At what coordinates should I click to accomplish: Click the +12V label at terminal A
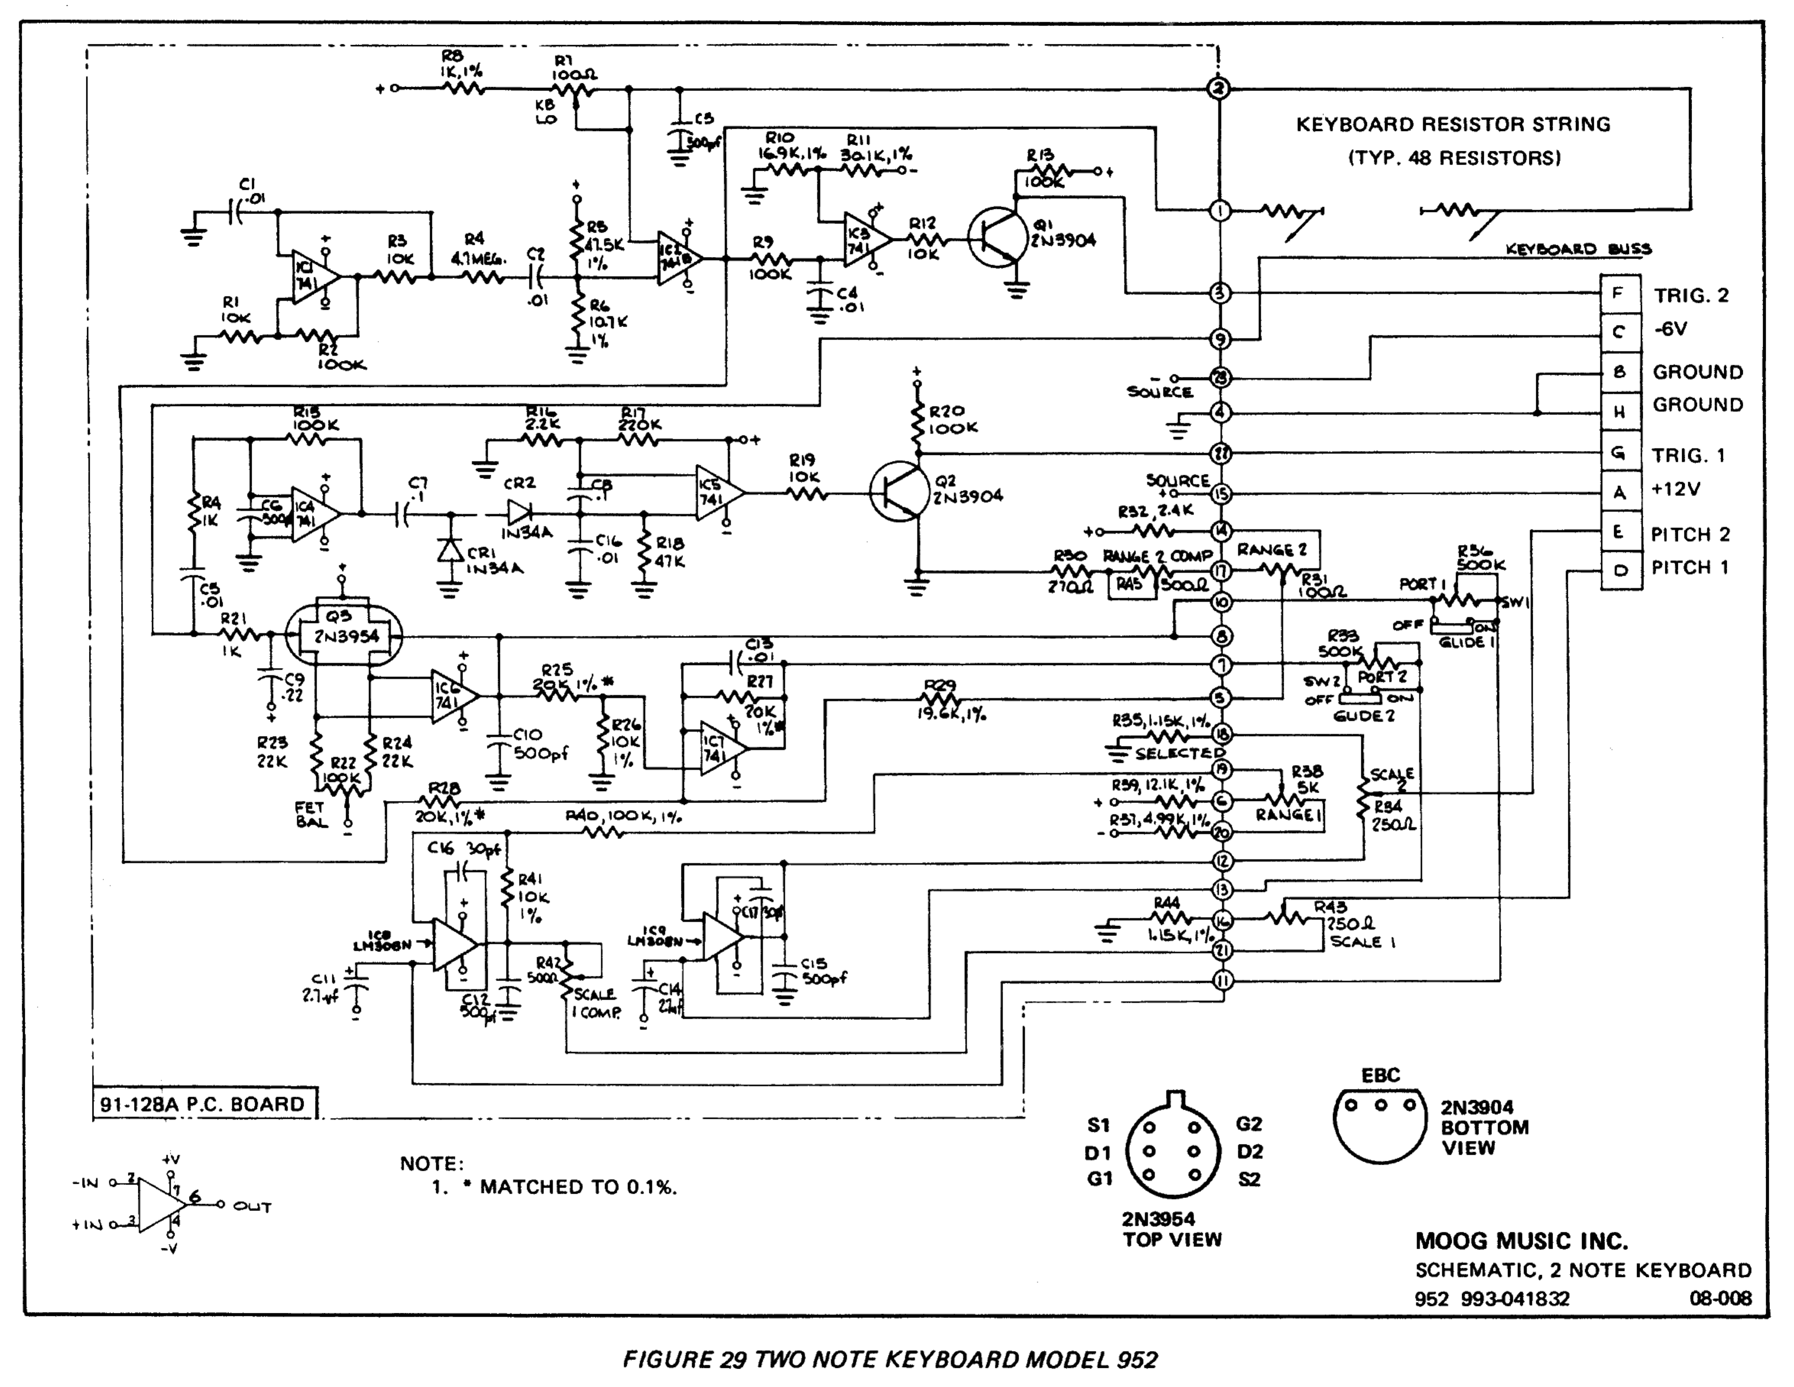tap(1676, 490)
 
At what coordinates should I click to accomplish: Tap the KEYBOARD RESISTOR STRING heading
tap(1453, 125)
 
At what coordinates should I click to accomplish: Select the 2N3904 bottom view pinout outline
tap(1380, 1126)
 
